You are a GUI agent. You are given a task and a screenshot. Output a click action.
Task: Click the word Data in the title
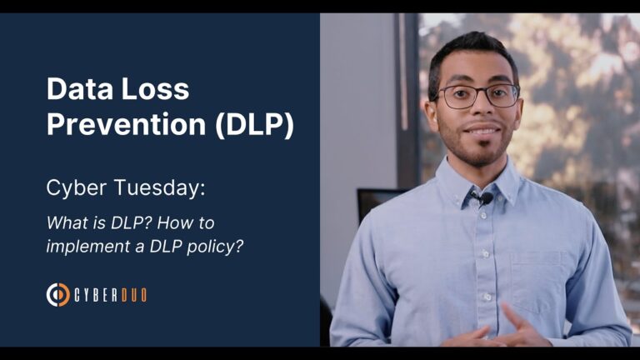[x=75, y=89]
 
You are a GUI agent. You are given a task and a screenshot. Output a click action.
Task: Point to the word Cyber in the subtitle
[x=72, y=188]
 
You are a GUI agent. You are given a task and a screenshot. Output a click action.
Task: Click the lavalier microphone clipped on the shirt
[x=481, y=198]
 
